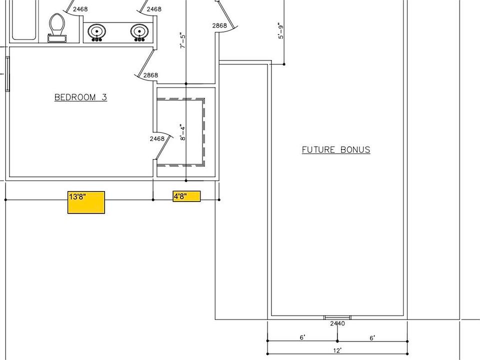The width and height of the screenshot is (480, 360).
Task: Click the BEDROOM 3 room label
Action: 81,97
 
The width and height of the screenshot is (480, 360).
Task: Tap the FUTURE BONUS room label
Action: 336,149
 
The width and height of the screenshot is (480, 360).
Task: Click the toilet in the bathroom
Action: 57,27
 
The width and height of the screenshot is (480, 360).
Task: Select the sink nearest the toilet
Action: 97,32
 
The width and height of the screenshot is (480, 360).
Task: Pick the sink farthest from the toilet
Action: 139,32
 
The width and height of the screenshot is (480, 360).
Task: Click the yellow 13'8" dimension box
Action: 86,202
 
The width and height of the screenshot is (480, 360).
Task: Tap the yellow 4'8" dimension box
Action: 186,196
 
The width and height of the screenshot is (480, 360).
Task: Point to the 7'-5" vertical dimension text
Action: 183,40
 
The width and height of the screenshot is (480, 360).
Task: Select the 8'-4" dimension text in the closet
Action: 183,132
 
